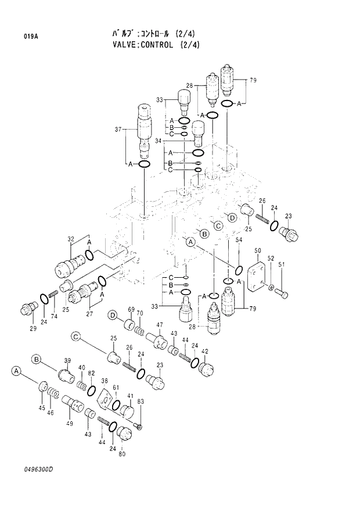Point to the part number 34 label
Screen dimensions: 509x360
[159, 140]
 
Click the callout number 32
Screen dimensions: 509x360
[71, 239]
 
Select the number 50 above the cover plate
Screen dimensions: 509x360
[258, 250]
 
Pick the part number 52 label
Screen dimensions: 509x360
[271, 258]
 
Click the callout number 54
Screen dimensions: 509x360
[239, 240]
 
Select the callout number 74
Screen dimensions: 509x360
[54, 317]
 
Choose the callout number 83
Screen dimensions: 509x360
[141, 402]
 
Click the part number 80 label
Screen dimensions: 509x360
[122, 454]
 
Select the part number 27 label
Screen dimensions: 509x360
[89, 314]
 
